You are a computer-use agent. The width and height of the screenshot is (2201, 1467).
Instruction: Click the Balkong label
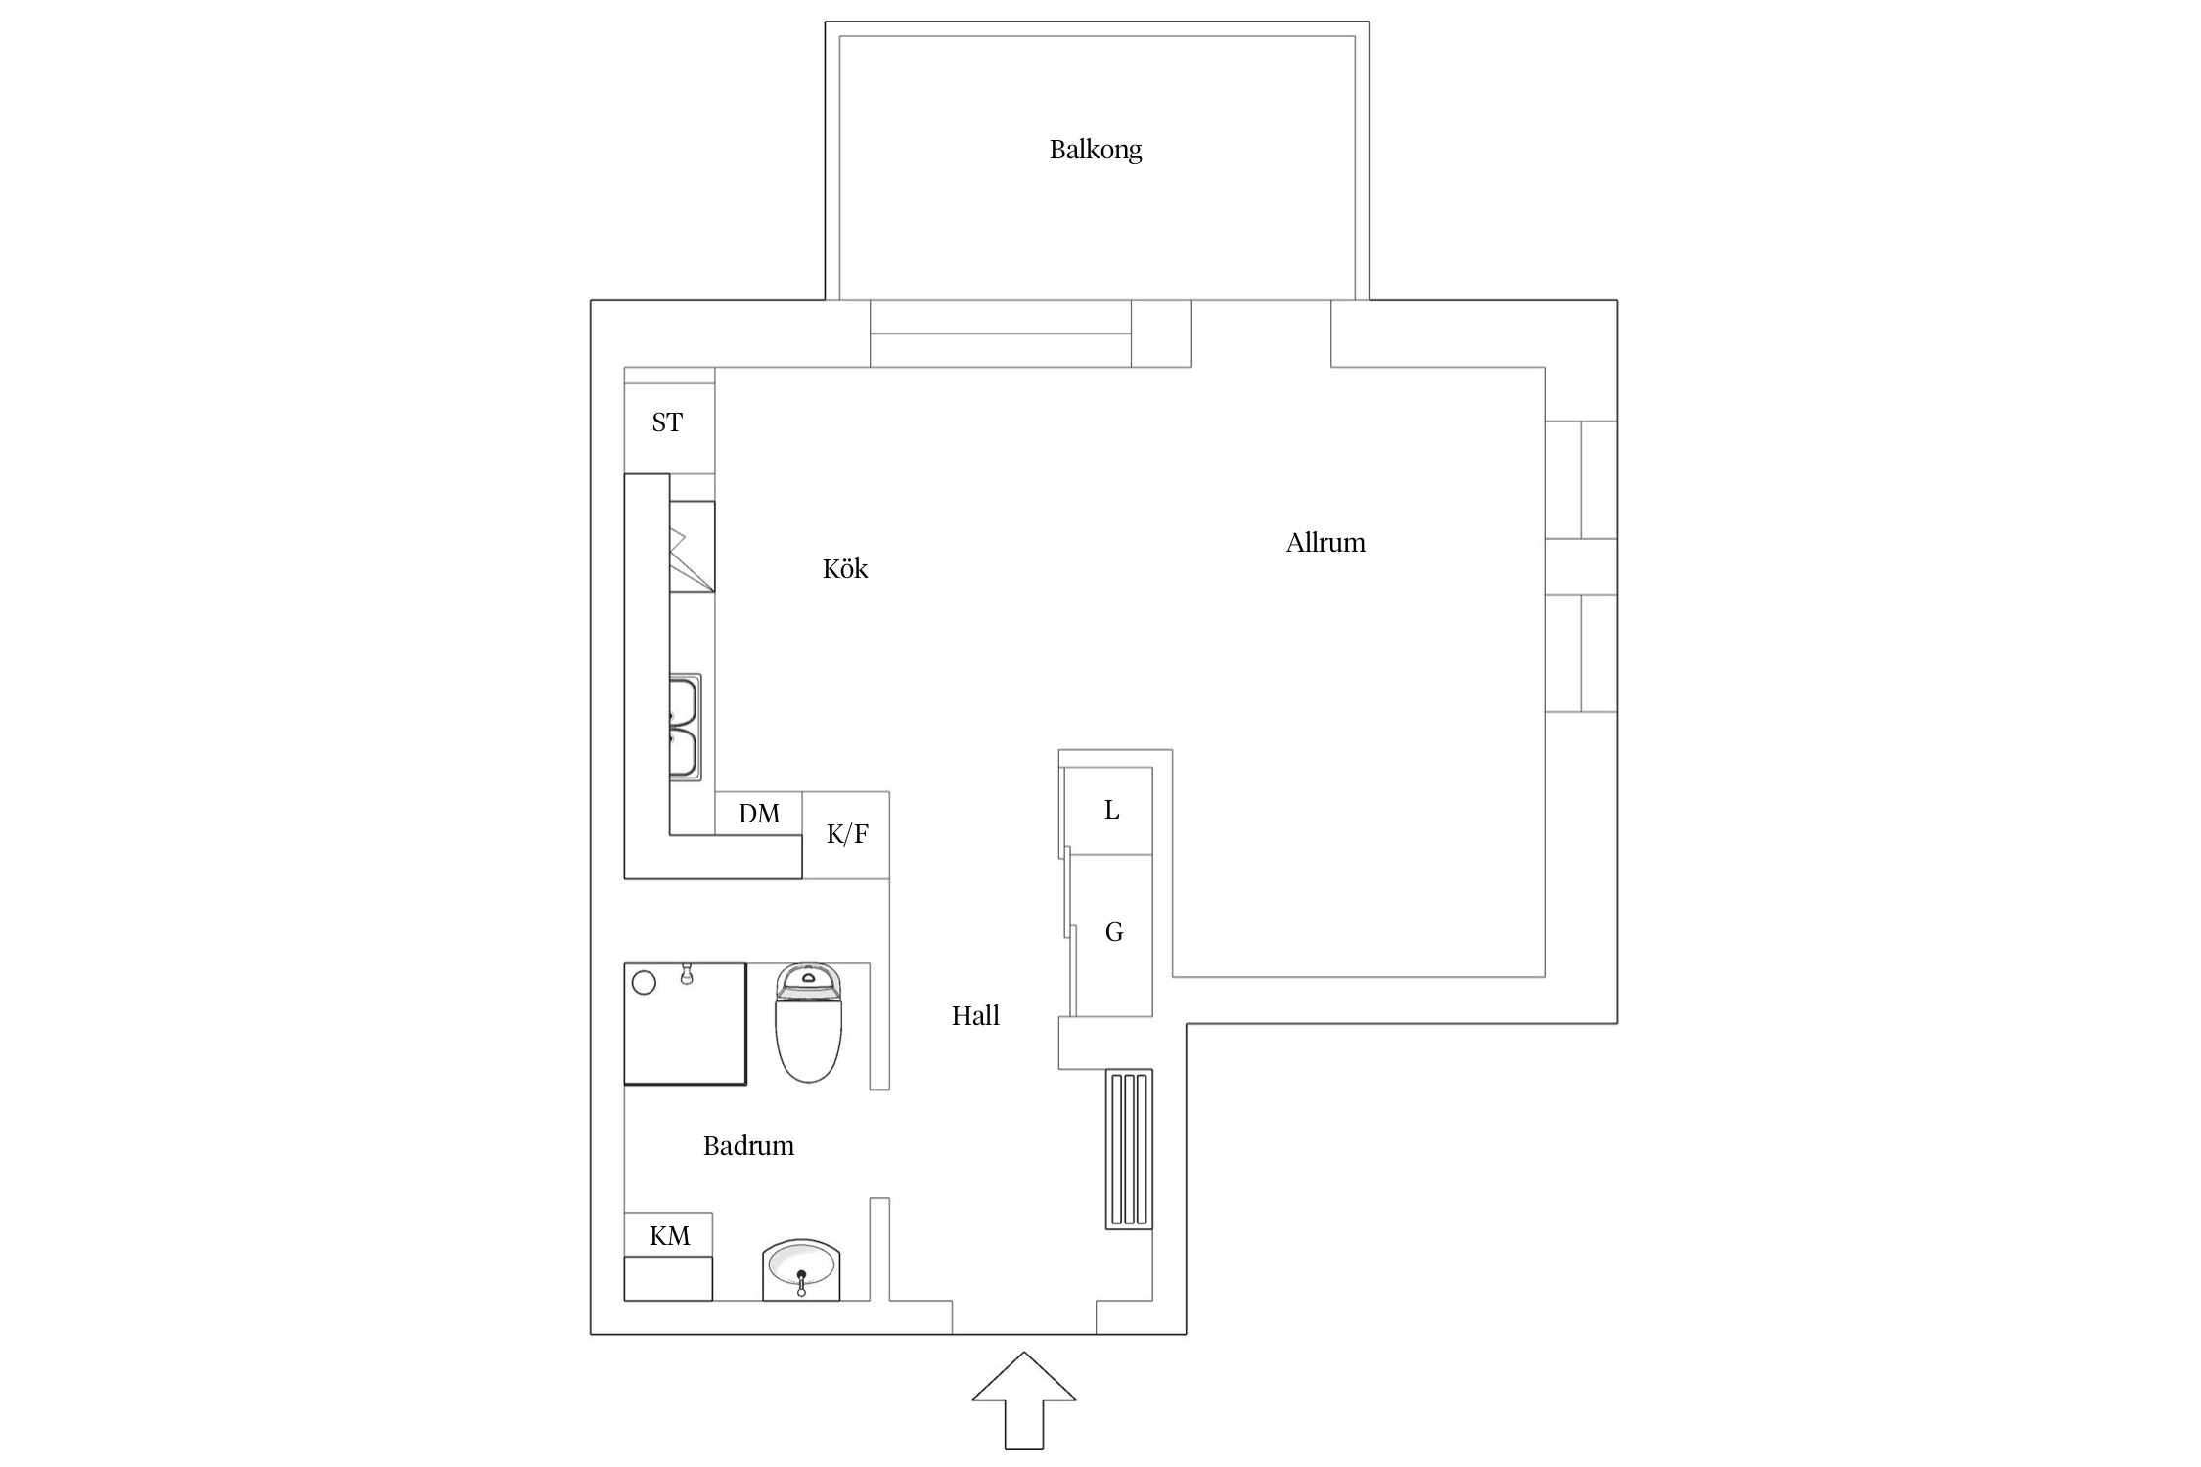pos(1096,150)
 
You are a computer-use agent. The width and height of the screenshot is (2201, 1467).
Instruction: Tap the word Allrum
pos(1325,543)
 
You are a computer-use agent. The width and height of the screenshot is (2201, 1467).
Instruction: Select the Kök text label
pos(845,568)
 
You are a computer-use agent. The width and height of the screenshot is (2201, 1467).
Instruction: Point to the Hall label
pos(975,1016)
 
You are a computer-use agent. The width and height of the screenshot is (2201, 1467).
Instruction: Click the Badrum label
pos(748,1146)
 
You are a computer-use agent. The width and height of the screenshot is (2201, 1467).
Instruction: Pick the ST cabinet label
pos(667,422)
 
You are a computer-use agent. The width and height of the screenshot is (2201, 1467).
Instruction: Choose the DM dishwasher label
pos(759,814)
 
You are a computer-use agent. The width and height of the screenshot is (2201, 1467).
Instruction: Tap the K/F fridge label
pos(847,834)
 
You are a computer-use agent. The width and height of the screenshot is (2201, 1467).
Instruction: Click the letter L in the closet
pos(1111,810)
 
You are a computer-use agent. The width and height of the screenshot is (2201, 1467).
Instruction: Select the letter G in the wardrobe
pos(1114,932)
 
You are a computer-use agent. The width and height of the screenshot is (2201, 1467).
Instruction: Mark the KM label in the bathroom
pos(670,1236)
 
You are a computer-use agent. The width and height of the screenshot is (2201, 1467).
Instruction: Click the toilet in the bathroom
pos(808,1023)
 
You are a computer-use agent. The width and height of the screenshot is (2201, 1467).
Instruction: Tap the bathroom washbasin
pos(801,1268)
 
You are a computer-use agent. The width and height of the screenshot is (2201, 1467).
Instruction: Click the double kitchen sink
pos(685,728)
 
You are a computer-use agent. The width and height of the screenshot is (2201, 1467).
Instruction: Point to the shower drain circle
pos(644,983)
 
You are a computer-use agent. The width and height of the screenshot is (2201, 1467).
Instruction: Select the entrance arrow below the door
pos(1024,1399)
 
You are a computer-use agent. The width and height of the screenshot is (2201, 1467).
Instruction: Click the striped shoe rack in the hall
pos(1129,1149)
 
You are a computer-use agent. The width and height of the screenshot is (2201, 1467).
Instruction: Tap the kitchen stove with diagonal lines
pos(692,547)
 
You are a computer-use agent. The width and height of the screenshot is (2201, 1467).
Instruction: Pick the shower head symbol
pos(687,973)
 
